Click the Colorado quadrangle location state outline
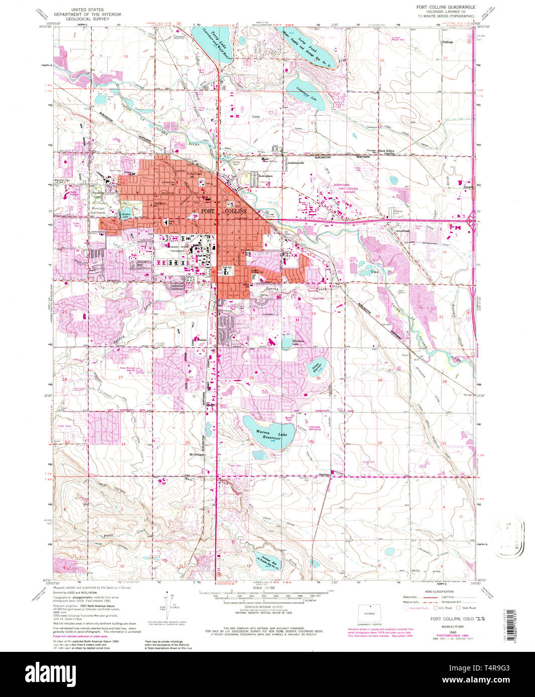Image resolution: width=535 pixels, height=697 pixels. [369, 613]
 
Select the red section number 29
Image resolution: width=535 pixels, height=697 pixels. [379, 381]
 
